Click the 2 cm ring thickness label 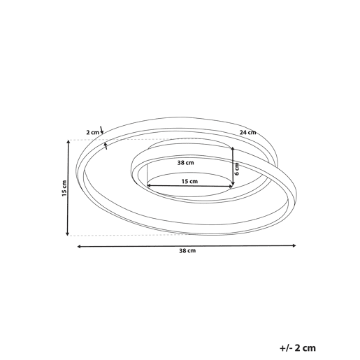point(93,133)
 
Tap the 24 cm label point(248,133)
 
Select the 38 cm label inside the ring point(186,163)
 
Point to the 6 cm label point(237,169)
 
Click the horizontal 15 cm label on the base point(189,181)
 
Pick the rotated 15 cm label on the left point(64,188)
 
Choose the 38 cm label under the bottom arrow point(187,251)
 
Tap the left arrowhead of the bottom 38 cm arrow point(79,246)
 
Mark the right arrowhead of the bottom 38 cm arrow point(294,245)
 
